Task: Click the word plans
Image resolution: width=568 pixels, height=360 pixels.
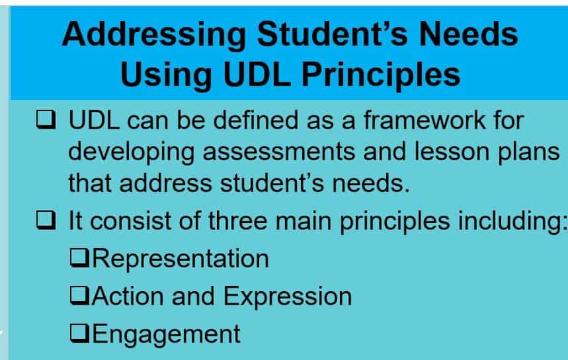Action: [x=528, y=151]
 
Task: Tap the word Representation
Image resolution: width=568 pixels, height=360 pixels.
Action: [x=181, y=258]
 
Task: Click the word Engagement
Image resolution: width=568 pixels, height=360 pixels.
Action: [x=167, y=334]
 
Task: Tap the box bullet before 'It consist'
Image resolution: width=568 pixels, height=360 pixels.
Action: [x=46, y=220]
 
